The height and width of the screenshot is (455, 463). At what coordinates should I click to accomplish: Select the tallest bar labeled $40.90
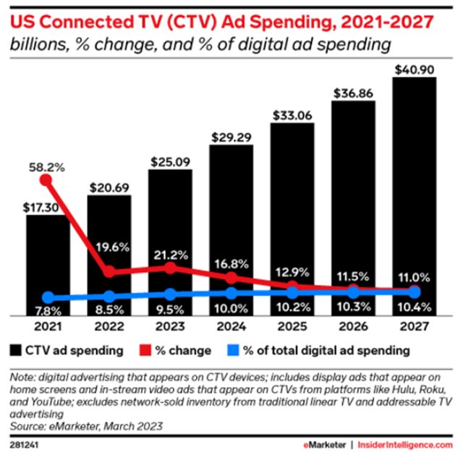coord(414,195)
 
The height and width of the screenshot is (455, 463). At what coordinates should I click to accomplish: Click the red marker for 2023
coord(170,268)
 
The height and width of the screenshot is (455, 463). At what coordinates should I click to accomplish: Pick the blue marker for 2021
coord(48,297)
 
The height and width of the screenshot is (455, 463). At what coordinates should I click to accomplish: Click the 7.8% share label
coord(48,311)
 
